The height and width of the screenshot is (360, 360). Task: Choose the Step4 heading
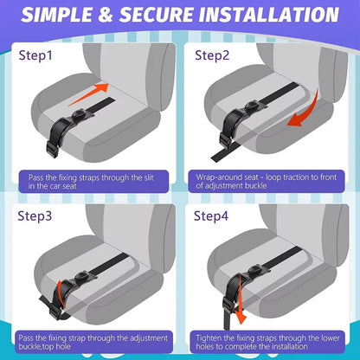pos(213,215)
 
